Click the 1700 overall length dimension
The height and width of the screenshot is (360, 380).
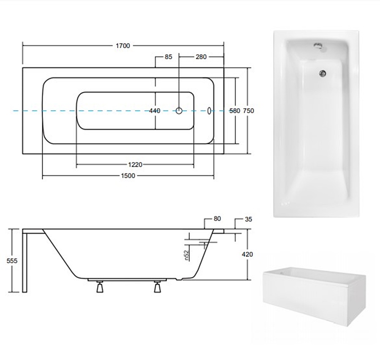coord(123,46)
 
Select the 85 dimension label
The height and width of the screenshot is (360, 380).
coord(168,57)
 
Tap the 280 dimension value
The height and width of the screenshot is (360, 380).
coord(201,57)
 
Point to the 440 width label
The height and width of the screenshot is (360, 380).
coord(155,111)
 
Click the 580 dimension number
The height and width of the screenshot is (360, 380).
coord(235,111)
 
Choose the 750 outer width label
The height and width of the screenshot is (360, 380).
coord(249,111)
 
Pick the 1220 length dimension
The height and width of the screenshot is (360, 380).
coord(135,165)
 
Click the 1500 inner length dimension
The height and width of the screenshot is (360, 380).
coord(128,176)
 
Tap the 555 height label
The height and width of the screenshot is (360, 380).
coord(12,261)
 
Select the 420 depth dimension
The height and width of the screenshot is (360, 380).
coord(247,254)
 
